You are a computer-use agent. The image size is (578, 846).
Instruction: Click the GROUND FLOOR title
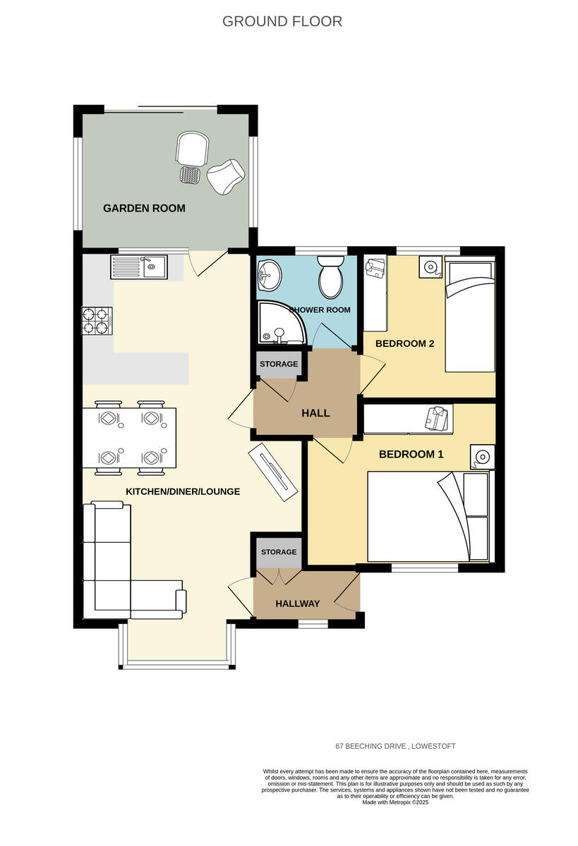point(282,21)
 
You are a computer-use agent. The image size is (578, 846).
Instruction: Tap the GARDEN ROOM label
point(144,208)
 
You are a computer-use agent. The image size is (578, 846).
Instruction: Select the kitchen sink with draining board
point(138,267)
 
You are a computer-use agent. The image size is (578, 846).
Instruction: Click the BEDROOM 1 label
point(411,454)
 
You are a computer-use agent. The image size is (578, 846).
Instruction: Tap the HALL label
point(315,413)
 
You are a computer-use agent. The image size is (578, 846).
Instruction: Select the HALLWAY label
point(297,603)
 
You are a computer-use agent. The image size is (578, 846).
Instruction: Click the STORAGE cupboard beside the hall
point(279,364)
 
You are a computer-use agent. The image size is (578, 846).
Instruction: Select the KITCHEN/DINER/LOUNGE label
point(183,491)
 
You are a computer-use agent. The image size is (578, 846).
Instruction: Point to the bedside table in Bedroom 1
point(482,458)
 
